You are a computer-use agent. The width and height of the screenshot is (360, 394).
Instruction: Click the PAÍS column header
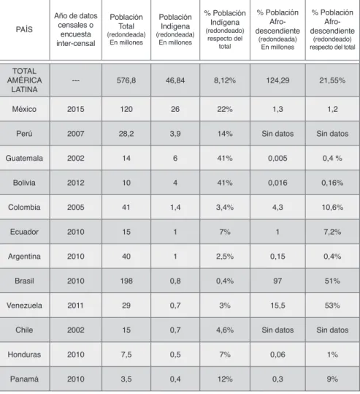(24, 29)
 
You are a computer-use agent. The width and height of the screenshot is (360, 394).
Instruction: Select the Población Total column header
(126, 29)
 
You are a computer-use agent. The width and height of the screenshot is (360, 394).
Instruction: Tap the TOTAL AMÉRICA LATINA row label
(24, 80)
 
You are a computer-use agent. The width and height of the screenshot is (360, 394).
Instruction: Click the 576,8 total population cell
(126, 80)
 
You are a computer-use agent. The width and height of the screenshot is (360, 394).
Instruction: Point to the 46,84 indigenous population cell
(175, 80)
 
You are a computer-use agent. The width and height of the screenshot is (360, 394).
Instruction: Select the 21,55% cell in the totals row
(332, 80)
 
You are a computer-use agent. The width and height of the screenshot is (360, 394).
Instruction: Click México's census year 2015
(75, 109)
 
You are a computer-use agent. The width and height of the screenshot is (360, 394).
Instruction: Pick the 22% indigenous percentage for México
(225, 109)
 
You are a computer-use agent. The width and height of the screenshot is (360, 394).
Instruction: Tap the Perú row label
(24, 134)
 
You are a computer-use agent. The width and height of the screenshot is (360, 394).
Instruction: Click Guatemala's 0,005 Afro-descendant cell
(277, 158)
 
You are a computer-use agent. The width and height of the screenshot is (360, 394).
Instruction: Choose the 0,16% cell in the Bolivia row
(332, 183)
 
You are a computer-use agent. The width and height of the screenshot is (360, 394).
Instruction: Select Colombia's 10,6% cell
(332, 208)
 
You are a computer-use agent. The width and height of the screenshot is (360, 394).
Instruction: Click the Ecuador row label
(24, 232)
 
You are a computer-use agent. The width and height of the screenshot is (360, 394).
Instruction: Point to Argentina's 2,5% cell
(225, 257)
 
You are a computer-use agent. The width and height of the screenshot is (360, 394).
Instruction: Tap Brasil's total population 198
(126, 281)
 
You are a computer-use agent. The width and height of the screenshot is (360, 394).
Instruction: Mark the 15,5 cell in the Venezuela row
(277, 306)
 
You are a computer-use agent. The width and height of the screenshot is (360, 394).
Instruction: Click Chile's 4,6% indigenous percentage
(225, 330)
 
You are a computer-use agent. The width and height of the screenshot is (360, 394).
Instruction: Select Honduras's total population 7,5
(126, 355)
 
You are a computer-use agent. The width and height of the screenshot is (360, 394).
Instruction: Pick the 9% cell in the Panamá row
(332, 379)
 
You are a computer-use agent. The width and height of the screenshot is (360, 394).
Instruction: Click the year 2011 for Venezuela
(75, 306)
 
